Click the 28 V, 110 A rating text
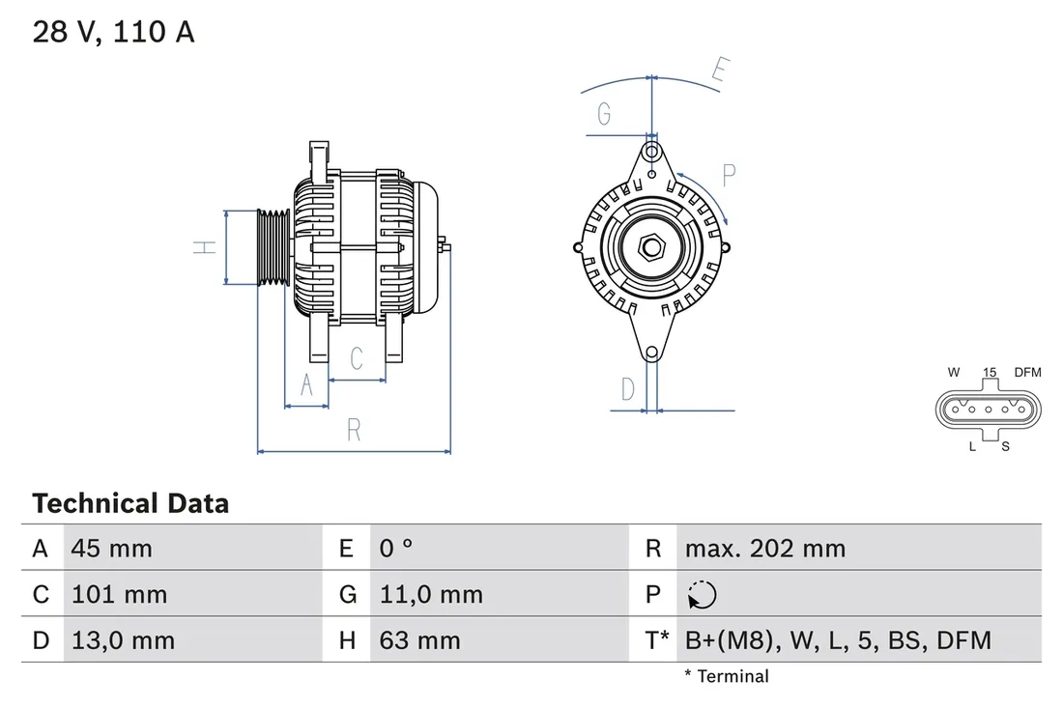[114, 32]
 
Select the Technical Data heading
[130, 503]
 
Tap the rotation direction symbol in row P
[702, 595]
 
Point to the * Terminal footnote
[726, 676]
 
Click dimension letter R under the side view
[354, 431]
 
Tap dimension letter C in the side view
[356, 358]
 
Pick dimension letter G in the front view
[604, 114]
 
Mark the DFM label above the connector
[1028, 372]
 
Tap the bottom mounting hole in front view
[652, 353]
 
